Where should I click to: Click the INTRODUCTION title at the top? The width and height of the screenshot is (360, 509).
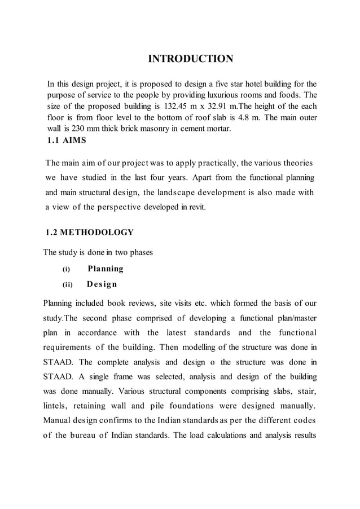(190, 59)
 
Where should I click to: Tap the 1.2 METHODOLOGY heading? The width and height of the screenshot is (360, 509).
(89, 232)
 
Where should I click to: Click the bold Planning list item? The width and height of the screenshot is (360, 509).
(105, 269)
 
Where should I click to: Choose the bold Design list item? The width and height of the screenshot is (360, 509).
(102, 284)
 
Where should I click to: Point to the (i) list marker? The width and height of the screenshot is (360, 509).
(65, 269)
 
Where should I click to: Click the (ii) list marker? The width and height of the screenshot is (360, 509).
(67, 284)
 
